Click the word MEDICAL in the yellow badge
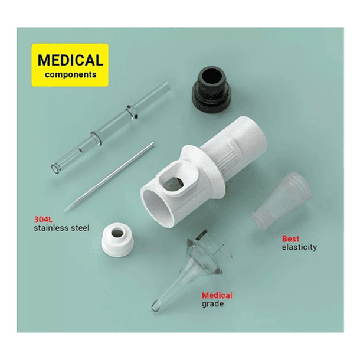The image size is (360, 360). point(70,60)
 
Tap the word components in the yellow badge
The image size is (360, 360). point(71,74)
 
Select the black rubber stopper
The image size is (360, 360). point(211,90)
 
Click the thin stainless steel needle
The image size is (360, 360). point(110,176)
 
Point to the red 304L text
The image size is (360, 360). point(44,220)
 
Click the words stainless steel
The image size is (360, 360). point(61,228)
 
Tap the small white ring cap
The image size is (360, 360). point(117,240)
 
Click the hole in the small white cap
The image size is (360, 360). point(117,233)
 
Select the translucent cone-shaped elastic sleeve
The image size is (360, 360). point(282,200)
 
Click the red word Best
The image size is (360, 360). point(290,239)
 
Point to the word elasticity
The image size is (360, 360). point(299,247)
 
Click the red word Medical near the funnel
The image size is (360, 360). point(217,295)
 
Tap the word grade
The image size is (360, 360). point(212,304)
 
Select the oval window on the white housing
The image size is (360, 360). point(174,184)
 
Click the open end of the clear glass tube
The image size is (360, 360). point(55,169)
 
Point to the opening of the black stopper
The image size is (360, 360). point(212,76)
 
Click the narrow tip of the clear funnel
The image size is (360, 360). point(155,307)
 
